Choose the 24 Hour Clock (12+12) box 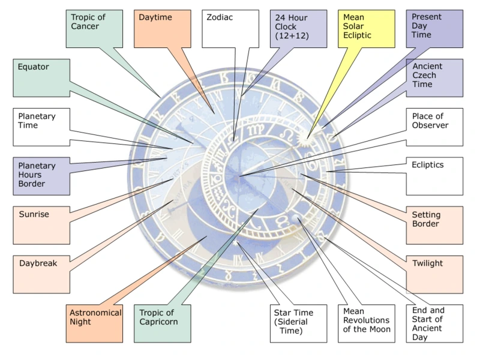[x=298, y=28]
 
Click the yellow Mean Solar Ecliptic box [x=366, y=28]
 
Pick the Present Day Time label [x=434, y=28]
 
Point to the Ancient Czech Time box [x=434, y=77]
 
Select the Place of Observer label [x=434, y=127]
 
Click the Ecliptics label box [x=434, y=175]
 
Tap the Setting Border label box [x=434, y=224]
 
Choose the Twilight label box [x=434, y=274]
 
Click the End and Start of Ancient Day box [x=434, y=323]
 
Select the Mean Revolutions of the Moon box [x=366, y=323]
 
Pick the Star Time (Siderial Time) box [x=299, y=323]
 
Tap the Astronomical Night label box [x=95, y=323]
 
